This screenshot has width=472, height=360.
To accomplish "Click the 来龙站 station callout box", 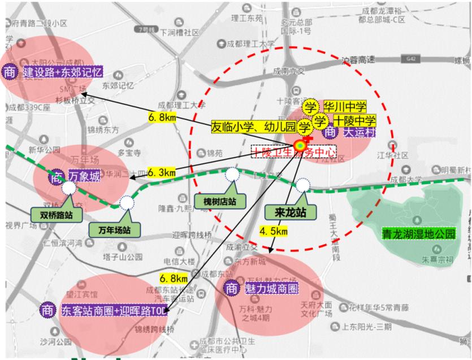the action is [287, 212].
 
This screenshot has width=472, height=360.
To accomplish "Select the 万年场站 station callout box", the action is [110, 229].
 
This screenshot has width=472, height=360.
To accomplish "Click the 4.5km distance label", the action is [273, 231].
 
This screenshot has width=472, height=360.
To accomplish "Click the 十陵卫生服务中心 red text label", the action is [294, 151].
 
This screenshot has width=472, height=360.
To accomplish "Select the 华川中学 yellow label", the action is [344, 107].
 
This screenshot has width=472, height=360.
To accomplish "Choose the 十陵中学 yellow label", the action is [353, 120].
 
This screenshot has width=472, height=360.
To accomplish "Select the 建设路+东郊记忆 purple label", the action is [61, 73].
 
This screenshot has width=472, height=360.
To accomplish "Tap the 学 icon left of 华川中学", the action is [310, 106].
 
